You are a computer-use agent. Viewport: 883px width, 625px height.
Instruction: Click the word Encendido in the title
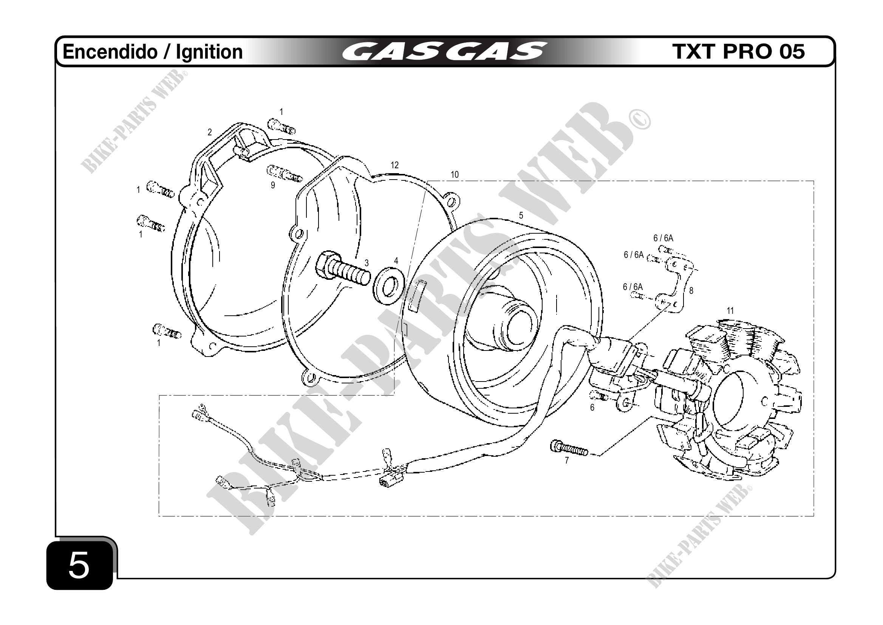pos(110,52)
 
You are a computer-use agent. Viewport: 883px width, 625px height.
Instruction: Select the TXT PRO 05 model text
pos(738,51)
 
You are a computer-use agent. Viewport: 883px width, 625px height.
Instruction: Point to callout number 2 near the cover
pos(210,132)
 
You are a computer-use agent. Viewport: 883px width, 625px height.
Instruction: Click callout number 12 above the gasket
pos(394,165)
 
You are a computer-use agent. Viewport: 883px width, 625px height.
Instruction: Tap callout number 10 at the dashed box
pos(455,175)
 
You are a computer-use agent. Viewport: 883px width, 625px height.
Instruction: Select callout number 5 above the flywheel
pos(521,216)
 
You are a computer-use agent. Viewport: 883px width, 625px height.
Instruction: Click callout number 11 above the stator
pos(730,310)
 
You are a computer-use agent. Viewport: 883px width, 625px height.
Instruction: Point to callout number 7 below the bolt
pos(566,460)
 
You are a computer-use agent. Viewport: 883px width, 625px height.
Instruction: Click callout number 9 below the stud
pos(273,185)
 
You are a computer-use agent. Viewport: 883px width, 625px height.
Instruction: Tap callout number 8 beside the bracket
pos(691,291)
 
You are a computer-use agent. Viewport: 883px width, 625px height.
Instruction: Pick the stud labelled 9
pos(284,173)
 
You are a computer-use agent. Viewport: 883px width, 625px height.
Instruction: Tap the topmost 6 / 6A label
pos(663,238)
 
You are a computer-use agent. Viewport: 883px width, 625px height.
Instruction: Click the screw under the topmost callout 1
pos(281,126)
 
